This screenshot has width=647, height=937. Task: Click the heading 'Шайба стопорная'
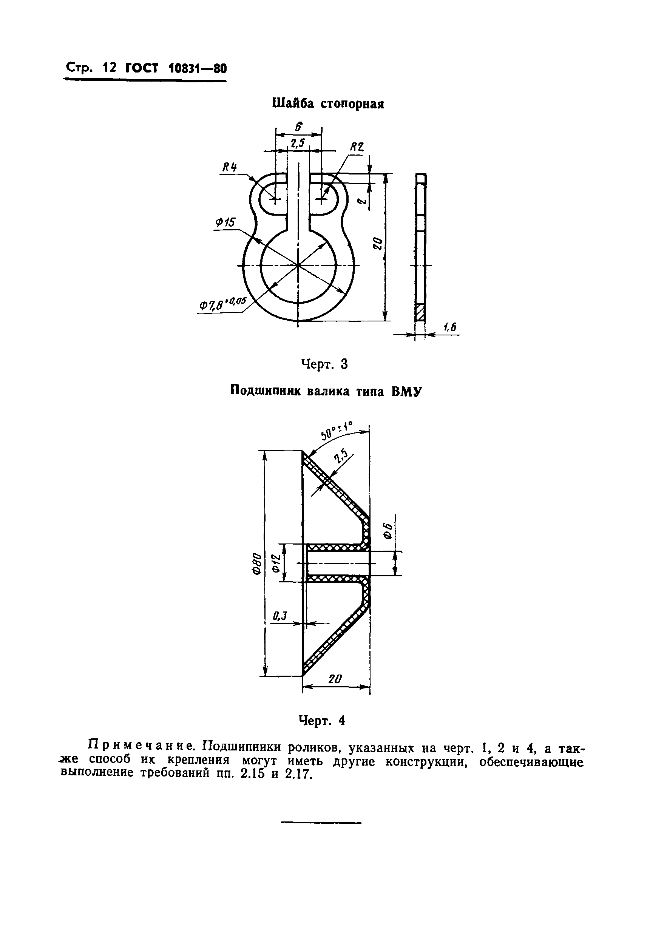(327, 104)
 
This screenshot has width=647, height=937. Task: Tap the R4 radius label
(230, 167)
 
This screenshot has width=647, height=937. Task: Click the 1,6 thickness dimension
(449, 327)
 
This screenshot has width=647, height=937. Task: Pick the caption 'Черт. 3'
(324, 364)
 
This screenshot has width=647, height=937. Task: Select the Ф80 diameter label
(256, 564)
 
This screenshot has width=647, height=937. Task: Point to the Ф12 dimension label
(276, 563)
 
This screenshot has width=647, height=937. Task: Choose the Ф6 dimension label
(388, 531)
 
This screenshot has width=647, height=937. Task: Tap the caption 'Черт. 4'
(322, 720)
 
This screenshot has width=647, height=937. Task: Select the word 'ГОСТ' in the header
(141, 68)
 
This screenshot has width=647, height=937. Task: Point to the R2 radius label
(357, 148)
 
